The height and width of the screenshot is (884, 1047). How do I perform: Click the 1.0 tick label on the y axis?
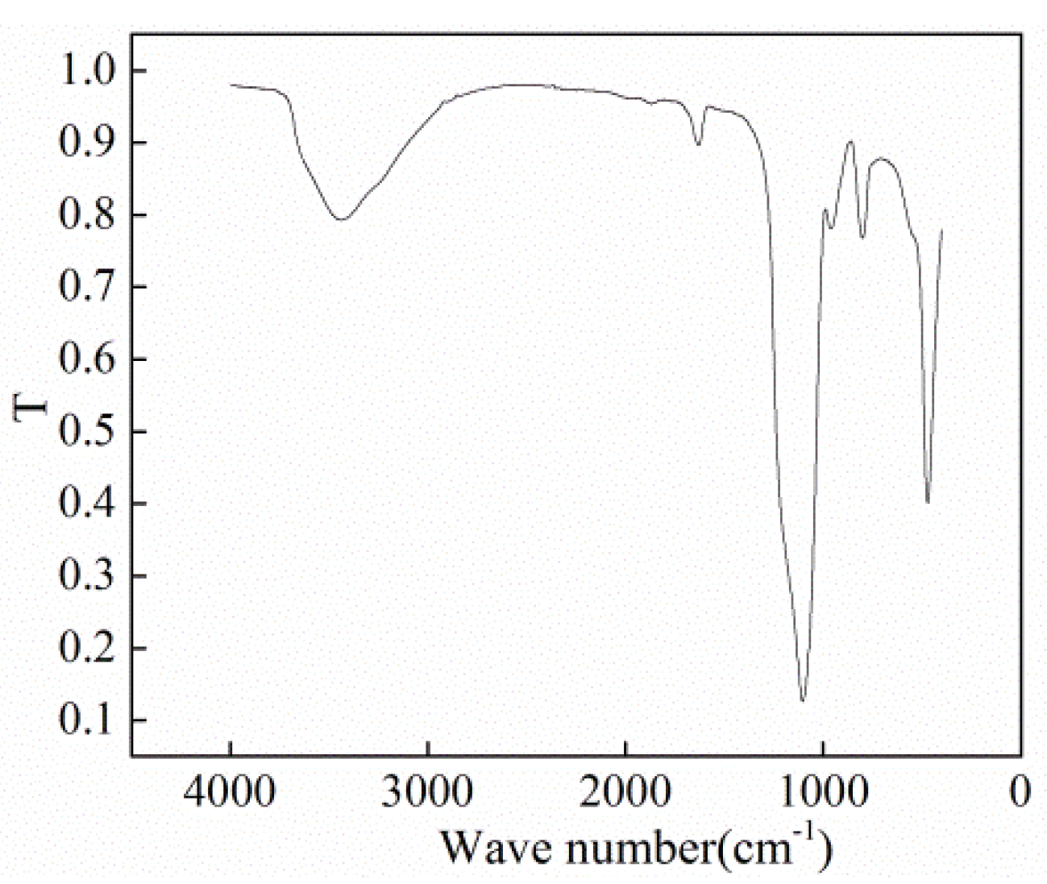click(x=88, y=72)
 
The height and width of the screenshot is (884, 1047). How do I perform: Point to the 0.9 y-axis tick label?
click(x=88, y=143)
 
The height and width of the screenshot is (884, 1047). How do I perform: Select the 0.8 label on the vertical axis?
click(x=88, y=216)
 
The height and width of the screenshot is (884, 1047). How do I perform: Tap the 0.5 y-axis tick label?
click(x=88, y=432)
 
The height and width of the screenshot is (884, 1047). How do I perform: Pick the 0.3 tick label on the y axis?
click(x=88, y=576)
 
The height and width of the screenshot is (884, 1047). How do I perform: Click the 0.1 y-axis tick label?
click(x=88, y=720)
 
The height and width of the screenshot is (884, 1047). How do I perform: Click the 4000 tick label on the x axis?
click(x=231, y=792)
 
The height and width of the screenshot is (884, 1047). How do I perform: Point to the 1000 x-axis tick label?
click(x=823, y=792)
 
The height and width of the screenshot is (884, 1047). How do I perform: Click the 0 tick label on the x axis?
click(x=1020, y=792)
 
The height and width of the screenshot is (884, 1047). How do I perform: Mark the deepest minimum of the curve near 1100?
click(x=803, y=700)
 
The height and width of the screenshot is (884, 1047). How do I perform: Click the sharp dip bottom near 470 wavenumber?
click(x=929, y=502)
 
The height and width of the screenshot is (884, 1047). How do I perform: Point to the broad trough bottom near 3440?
click(x=341, y=218)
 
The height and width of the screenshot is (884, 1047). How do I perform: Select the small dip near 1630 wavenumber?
click(x=698, y=145)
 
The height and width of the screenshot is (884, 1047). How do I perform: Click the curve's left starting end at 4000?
click(x=231, y=84)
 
